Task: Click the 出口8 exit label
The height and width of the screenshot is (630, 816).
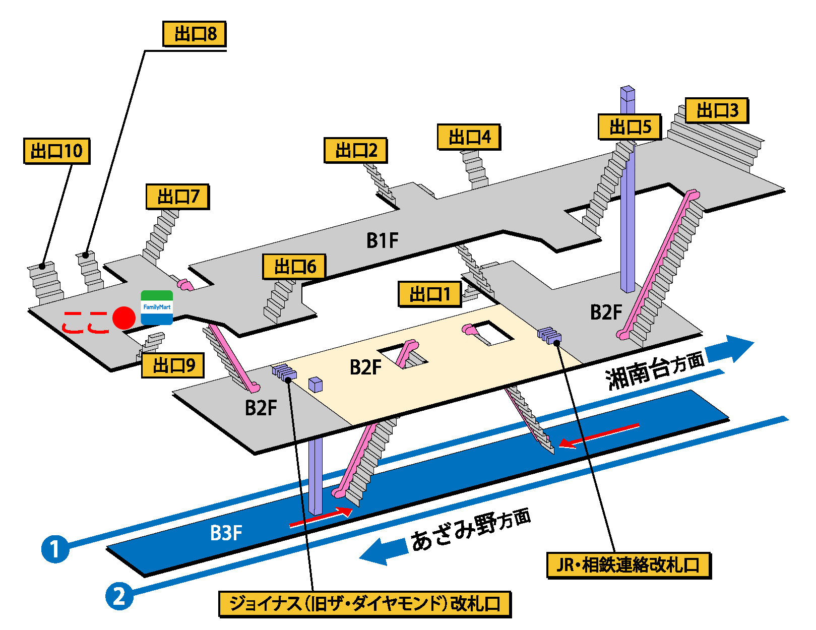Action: [x=195, y=34]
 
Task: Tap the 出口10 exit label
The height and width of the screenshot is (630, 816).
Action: [x=56, y=151]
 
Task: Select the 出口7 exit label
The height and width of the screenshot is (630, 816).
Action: [x=177, y=197]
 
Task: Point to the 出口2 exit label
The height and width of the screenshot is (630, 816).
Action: [x=355, y=150]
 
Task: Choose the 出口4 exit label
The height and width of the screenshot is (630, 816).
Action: [x=469, y=137]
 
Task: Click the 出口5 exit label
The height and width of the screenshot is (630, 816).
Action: [x=630, y=127]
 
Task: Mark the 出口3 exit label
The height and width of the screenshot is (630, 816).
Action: [x=717, y=110]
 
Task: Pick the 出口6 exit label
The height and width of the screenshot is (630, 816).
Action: [x=294, y=267]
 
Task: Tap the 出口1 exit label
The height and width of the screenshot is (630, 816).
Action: [x=429, y=294]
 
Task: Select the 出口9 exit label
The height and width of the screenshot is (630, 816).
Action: [x=172, y=365]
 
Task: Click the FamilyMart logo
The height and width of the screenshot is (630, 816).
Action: [x=157, y=307]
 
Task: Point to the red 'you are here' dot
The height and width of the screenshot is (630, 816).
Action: [x=123, y=318]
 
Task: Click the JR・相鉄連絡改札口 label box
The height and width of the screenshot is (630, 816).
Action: [x=629, y=565]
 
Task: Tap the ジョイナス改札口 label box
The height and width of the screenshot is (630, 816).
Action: [x=365, y=604]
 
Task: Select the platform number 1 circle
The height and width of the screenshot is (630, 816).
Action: [x=55, y=548]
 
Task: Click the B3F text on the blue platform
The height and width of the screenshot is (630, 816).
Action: [x=226, y=533]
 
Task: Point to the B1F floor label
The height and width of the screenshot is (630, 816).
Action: [x=382, y=240]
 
